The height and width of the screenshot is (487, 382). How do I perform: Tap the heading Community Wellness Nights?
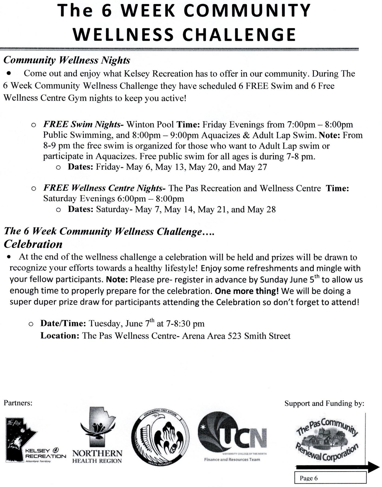[67, 60]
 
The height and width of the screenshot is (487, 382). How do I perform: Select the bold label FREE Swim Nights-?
[83, 124]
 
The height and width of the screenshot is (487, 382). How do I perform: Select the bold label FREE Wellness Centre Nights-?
[105, 188]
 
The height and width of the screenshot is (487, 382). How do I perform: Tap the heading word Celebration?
[33, 244]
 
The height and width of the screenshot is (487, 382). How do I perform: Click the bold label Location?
[60, 336]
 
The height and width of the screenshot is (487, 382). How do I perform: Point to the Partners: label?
[18, 403]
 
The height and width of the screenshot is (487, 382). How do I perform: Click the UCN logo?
[232, 436]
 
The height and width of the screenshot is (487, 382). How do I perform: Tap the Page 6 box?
[330, 478]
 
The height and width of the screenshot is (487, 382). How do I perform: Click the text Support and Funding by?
[324, 403]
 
